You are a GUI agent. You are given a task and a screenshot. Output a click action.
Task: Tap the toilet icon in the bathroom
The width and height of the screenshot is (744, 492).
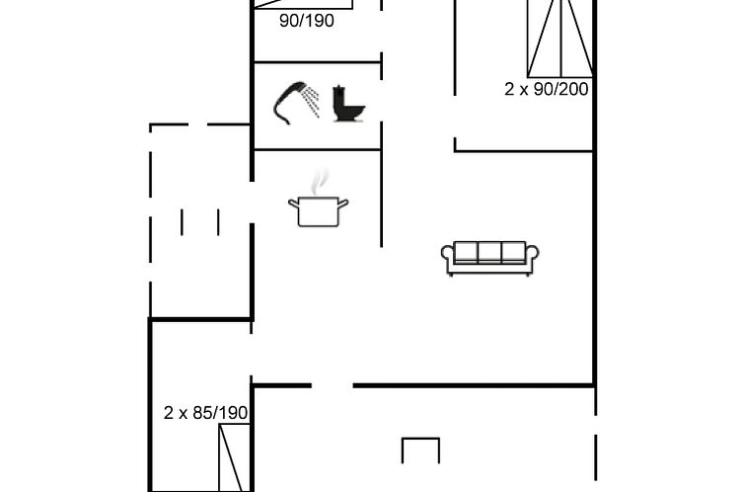coord(347,105)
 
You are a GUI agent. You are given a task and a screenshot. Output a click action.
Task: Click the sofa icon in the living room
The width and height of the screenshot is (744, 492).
coord(489,258)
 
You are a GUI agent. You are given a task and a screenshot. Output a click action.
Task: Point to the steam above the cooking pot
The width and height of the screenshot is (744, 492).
coord(320,181)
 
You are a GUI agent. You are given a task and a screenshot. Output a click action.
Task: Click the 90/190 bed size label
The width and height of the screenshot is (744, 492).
coord(307,21)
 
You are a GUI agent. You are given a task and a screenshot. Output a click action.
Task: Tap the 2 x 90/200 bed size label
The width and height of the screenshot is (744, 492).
coord(546,89)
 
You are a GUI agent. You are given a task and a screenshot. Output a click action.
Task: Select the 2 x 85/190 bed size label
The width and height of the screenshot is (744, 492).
coord(205,413)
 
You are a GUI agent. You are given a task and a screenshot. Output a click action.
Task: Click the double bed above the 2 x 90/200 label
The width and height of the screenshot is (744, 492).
coord(560,39)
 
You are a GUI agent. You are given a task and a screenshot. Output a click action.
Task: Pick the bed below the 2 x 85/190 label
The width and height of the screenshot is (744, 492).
coord(235,457)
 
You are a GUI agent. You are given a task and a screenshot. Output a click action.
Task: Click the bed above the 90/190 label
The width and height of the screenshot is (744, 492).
coord(304,4)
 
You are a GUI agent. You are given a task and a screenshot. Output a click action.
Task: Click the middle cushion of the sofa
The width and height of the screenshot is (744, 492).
coord(489,252)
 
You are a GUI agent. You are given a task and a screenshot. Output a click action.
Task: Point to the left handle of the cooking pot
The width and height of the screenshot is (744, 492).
coord(294,204)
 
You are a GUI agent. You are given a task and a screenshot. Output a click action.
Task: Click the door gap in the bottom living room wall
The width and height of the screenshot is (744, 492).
coord(333,385)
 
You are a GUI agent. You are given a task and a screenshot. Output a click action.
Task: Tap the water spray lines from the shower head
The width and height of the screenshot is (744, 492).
coord(311,102)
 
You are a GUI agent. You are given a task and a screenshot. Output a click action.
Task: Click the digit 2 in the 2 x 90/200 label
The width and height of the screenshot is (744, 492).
coord(509,89)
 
